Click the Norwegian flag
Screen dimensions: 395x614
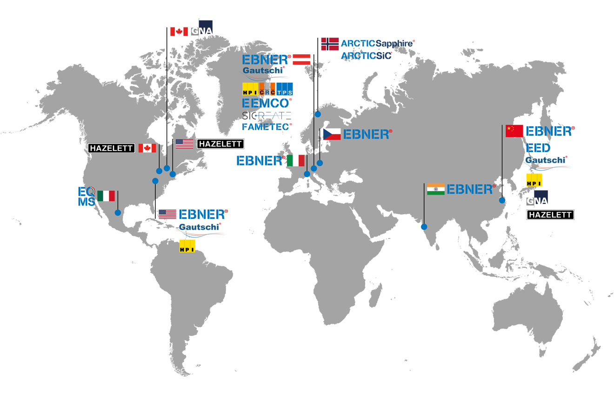point(330,44)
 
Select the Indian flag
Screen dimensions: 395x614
point(436,189)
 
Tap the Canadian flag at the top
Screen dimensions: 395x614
point(179,32)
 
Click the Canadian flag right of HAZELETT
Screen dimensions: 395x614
point(147,148)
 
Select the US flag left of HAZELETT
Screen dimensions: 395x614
point(184,144)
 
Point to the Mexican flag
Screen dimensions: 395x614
point(106,196)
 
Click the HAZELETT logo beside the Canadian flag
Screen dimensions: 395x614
point(112,148)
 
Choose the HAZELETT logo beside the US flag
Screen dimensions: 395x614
point(221,144)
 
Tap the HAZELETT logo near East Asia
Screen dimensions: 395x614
point(550,215)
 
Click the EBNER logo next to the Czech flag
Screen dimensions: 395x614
point(367,134)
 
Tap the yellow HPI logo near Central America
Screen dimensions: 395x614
point(188,245)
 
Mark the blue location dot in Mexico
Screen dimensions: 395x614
point(118,213)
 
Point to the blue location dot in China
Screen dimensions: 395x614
point(502,201)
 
